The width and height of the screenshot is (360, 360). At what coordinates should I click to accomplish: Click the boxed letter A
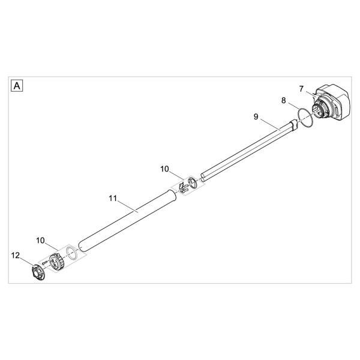click(17, 86)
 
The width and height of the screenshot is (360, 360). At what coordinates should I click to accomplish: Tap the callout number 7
click(301, 89)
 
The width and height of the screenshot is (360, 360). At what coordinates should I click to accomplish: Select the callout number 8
click(284, 100)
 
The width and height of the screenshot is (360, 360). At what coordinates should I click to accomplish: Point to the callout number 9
click(256, 117)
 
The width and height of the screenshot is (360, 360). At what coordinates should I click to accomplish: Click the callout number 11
click(113, 198)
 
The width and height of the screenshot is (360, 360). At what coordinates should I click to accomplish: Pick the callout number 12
click(16, 256)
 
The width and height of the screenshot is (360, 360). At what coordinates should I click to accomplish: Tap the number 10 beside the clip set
click(164, 169)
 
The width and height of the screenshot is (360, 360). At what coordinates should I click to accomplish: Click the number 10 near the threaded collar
click(40, 241)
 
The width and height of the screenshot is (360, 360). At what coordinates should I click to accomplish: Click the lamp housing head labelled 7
click(331, 103)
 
